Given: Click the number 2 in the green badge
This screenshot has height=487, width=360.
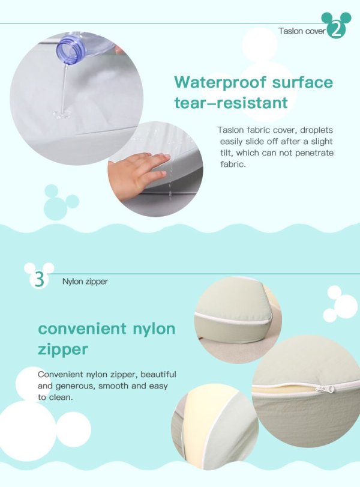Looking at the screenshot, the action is [336, 31].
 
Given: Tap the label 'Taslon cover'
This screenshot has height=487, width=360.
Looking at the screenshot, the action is [302, 31].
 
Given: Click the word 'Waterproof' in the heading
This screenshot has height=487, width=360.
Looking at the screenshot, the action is [220, 82].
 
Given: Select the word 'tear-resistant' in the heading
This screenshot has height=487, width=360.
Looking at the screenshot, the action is [231, 103].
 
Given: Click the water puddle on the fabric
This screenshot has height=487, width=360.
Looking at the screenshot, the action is [62, 114].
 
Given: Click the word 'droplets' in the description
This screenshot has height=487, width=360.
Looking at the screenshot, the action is [316, 130].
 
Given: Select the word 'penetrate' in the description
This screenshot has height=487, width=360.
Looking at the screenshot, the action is [314, 153].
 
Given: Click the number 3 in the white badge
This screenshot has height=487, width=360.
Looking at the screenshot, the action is [40, 279].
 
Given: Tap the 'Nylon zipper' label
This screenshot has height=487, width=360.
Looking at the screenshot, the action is [85, 282].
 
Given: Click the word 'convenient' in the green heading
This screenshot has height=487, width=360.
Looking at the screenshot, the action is [82, 328].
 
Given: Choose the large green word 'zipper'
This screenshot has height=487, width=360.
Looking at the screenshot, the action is [63, 349].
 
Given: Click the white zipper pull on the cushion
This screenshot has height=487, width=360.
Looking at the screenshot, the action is [325, 389].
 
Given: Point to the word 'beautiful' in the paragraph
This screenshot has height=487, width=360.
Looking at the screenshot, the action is [158, 374].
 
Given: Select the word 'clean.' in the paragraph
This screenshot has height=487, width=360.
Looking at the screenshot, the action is [61, 398].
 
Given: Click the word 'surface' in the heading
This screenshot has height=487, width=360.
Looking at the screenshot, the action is [302, 82].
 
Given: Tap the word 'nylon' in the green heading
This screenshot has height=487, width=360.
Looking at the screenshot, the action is [154, 329].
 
